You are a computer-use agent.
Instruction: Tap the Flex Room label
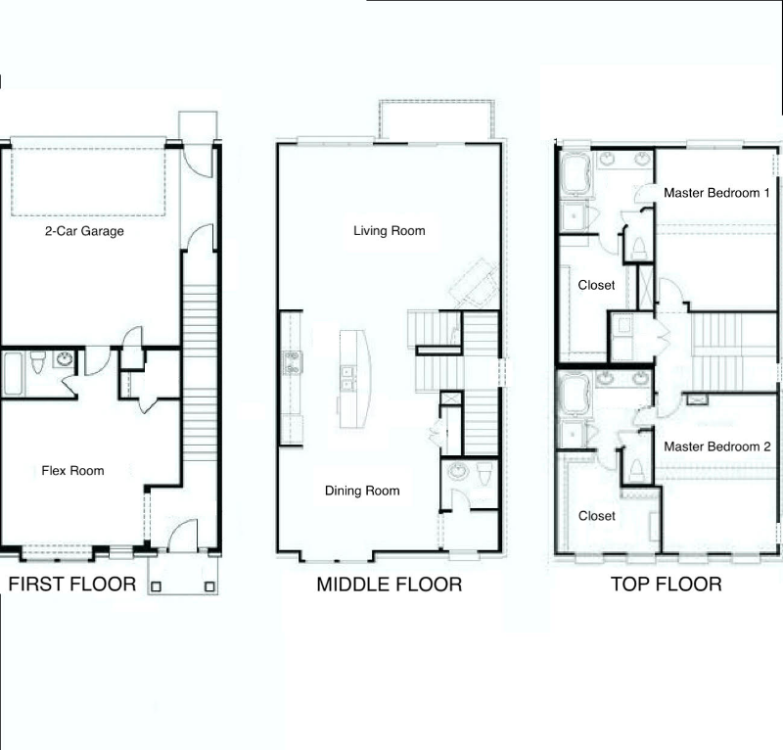tap(72, 471)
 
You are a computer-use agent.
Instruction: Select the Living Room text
tap(390, 231)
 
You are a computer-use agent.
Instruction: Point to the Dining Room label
tap(362, 491)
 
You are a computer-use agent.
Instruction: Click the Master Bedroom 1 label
tap(712, 193)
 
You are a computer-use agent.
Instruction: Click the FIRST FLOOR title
tap(72, 586)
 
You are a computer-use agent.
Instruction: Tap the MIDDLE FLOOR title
tap(389, 586)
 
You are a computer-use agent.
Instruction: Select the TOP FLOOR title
tap(666, 586)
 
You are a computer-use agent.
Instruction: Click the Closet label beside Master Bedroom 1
tap(597, 285)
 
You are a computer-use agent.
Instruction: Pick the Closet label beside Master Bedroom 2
tap(597, 516)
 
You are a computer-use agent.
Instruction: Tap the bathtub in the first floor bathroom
tap(14, 373)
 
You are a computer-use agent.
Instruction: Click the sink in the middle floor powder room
tap(456, 472)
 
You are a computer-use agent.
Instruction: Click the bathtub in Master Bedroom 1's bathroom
tap(576, 174)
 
